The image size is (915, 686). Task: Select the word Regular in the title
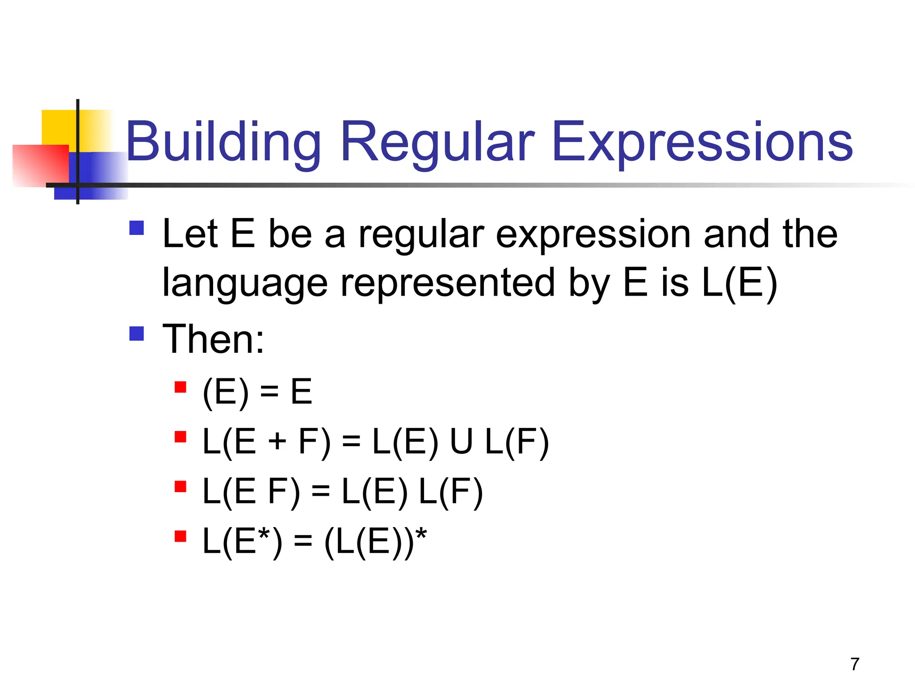pyautogui.click(x=437, y=142)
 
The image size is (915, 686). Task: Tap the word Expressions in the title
pyautogui.click(x=702, y=142)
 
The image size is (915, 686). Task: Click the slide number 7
pyautogui.click(x=855, y=664)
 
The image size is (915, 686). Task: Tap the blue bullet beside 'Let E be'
pyautogui.click(x=136, y=228)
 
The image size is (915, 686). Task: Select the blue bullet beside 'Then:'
pyautogui.click(x=136, y=334)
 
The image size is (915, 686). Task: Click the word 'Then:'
pyautogui.click(x=214, y=339)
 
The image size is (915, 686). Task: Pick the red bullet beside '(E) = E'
pyautogui.click(x=180, y=387)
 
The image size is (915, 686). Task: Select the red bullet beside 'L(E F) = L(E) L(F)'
pyautogui.click(x=180, y=486)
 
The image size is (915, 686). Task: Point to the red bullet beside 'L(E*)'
pyautogui.click(x=180, y=536)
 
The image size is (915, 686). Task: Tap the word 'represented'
pyautogui.click(x=448, y=283)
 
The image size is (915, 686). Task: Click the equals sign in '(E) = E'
pyautogui.click(x=269, y=393)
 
